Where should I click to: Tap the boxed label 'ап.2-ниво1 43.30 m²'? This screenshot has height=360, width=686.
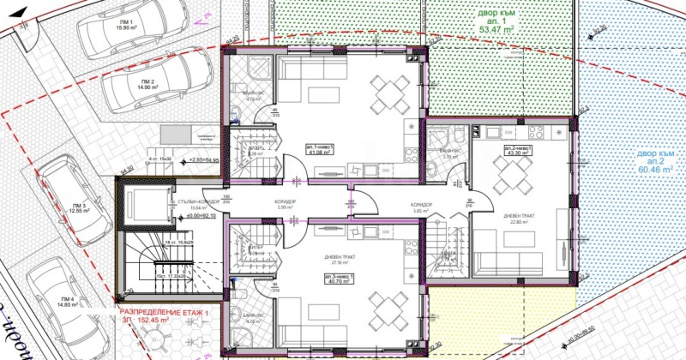click(x=524, y=151)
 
